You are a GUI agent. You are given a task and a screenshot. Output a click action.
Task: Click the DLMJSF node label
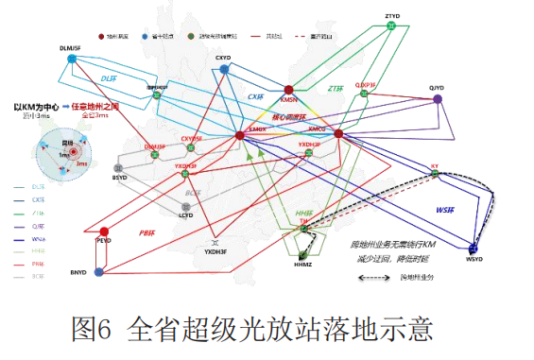click(70, 46)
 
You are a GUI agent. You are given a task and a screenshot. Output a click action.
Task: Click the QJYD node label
click(436, 88)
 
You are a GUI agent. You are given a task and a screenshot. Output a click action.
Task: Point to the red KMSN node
click(289, 87)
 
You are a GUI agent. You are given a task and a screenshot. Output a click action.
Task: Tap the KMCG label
click(317, 128)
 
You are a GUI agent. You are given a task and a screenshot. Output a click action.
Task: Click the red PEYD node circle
click(104, 231)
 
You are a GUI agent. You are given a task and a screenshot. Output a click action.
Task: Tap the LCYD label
click(185, 215)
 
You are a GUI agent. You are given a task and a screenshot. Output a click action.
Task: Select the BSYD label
click(119, 177)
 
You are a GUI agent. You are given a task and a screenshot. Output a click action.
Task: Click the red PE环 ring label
click(146, 231)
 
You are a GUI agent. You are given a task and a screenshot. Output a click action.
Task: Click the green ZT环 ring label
click(336, 88)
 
